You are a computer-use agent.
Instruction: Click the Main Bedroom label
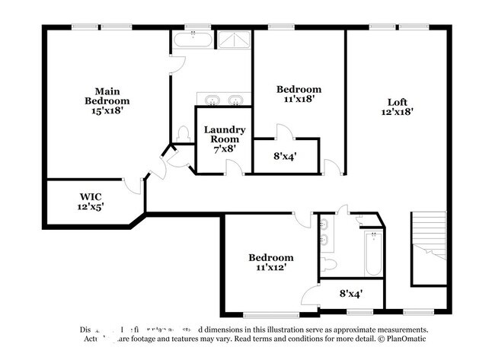(107, 95)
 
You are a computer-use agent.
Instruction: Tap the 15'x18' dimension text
(107, 110)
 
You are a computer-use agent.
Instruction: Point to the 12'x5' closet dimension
(91, 206)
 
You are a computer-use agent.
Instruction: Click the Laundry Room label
(224, 134)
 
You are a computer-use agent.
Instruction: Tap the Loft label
(398, 101)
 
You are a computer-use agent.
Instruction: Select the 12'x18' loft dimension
(398, 112)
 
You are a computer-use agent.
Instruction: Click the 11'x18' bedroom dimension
(298, 98)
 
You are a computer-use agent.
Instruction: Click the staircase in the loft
(429, 247)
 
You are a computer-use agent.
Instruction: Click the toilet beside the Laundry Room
(183, 135)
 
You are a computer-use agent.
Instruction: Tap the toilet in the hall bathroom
(329, 265)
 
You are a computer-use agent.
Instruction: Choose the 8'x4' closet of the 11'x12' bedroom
(350, 293)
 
